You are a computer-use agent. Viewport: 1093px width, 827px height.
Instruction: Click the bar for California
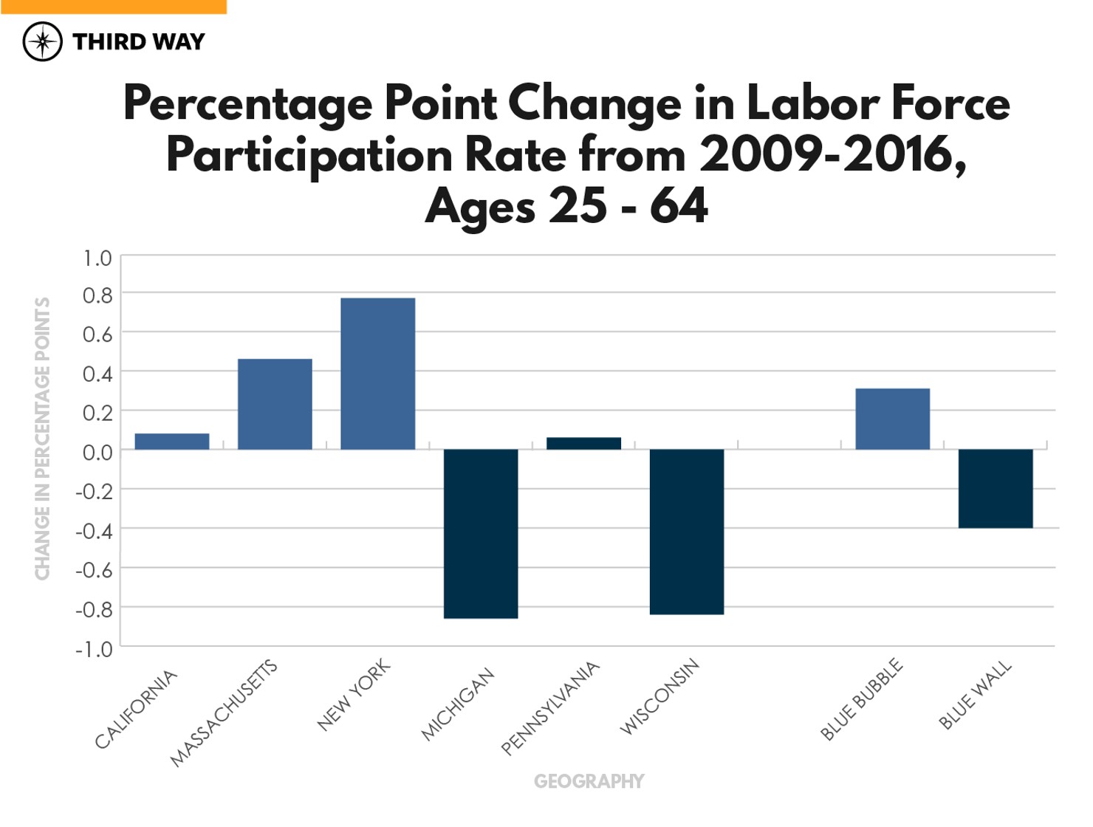click(x=172, y=442)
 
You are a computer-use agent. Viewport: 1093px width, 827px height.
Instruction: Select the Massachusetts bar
click(x=275, y=404)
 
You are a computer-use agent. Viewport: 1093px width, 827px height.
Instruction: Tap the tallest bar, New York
click(x=377, y=374)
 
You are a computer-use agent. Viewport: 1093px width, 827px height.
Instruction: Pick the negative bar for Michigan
click(x=481, y=533)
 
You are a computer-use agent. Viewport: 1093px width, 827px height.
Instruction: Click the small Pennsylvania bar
click(x=583, y=444)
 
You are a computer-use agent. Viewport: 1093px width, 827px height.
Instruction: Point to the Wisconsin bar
click(x=687, y=532)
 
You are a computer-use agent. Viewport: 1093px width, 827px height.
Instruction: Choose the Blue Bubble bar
click(x=892, y=419)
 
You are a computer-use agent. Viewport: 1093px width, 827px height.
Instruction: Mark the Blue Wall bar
click(x=996, y=488)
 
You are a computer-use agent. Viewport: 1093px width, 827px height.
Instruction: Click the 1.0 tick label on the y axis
click(x=97, y=258)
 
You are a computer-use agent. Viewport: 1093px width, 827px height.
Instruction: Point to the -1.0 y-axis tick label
click(x=94, y=649)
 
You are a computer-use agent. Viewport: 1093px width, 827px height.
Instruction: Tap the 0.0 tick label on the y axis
click(x=97, y=452)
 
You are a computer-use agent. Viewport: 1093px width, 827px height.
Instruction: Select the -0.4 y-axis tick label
click(x=94, y=530)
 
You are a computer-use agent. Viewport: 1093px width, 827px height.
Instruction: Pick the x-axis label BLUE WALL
click(x=975, y=696)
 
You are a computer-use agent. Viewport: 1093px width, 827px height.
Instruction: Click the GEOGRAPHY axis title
click(x=589, y=781)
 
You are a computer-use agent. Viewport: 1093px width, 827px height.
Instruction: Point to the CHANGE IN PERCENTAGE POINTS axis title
click(x=43, y=439)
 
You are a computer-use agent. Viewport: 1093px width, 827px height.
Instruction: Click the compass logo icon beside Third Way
click(x=42, y=41)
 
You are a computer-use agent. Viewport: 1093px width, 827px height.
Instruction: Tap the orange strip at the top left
click(x=113, y=7)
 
